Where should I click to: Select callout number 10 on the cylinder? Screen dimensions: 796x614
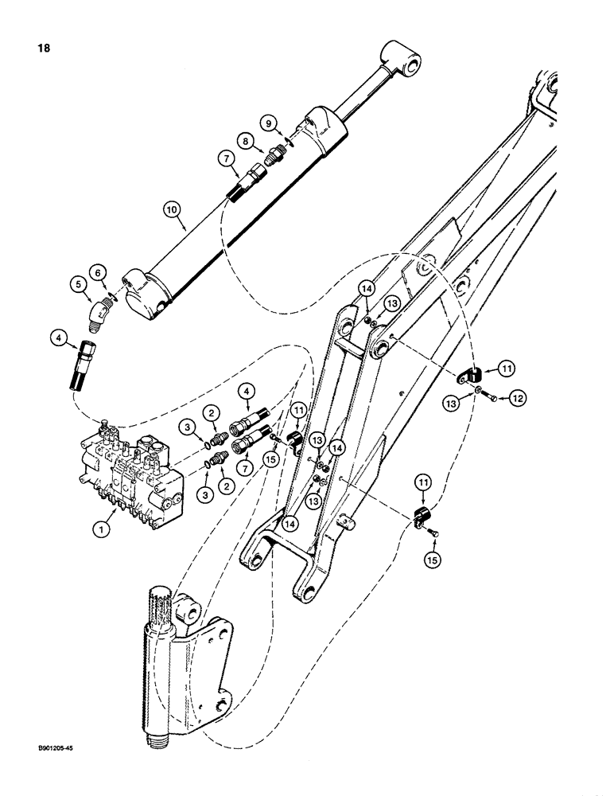[x=171, y=209]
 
